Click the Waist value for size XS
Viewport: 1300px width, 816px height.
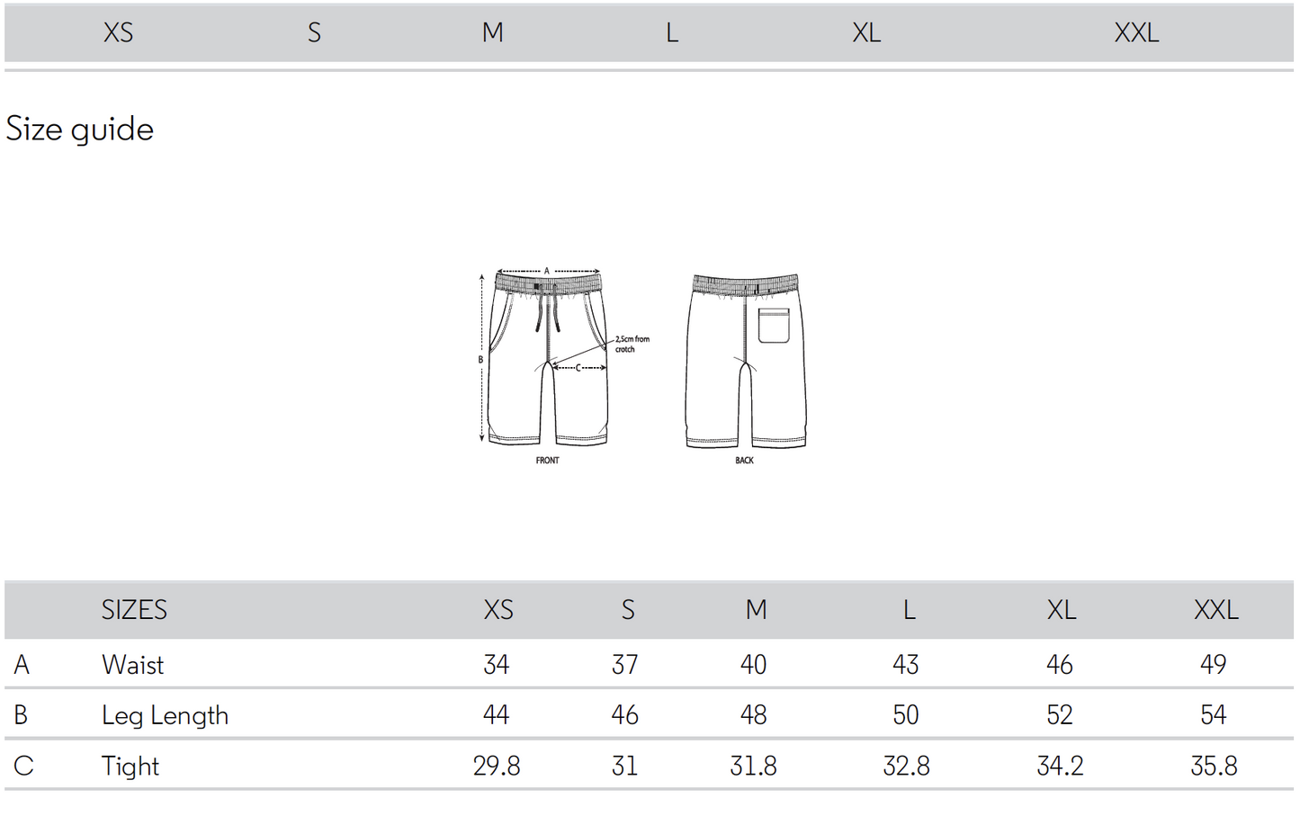[x=497, y=665]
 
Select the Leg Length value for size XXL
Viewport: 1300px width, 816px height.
[x=1213, y=715]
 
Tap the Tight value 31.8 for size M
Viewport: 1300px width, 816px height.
[x=753, y=767]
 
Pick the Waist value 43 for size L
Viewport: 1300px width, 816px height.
[x=905, y=665]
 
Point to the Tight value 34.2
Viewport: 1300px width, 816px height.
[x=1060, y=767]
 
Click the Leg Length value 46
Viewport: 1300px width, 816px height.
[x=624, y=715]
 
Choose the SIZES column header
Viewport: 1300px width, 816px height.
[x=134, y=610]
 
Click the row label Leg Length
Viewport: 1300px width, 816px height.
[x=165, y=715]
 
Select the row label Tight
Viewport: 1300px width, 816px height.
[x=130, y=767]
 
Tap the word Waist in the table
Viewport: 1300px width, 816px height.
[x=133, y=665]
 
